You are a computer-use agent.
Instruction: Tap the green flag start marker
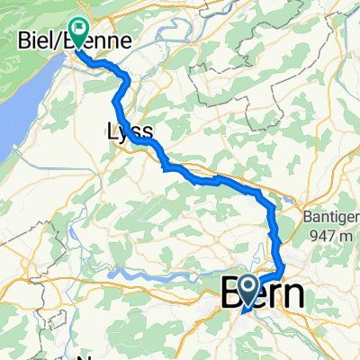click(x=78, y=33)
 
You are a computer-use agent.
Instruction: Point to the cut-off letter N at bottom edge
click(x=85, y=353)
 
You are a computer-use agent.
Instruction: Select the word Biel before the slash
click(x=36, y=41)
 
